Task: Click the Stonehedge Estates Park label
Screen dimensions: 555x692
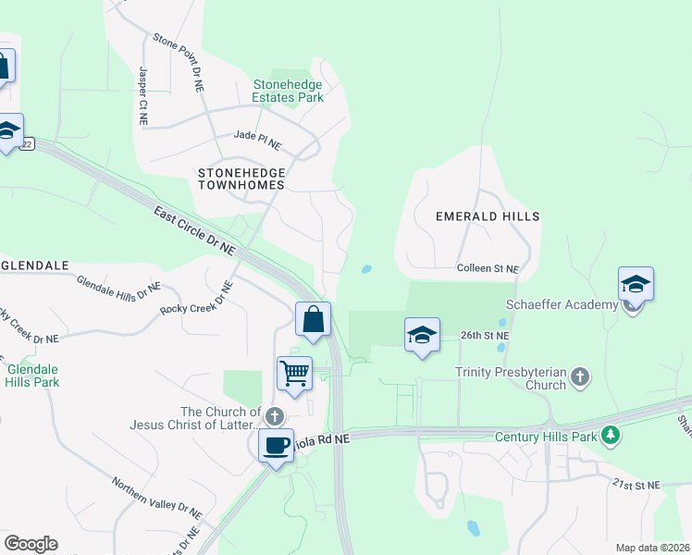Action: coord(289,90)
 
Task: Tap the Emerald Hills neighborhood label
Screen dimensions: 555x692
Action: coord(488,216)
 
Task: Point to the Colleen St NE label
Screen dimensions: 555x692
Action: coord(488,268)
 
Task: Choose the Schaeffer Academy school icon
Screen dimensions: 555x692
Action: coord(636,283)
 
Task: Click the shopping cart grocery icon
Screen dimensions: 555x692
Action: coord(294,374)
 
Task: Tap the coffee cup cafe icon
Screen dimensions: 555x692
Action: coord(276,446)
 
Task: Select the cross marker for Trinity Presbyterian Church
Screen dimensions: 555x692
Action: coord(580,376)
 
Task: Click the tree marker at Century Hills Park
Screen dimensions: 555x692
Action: coord(610,435)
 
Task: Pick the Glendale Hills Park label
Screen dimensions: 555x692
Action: coord(33,375)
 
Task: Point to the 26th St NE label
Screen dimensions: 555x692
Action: coord(486,335)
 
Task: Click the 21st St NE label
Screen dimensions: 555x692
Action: coord(636,485)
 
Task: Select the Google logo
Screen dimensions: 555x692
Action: coord(31,543)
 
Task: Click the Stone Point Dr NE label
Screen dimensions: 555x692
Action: coord(178,63)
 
